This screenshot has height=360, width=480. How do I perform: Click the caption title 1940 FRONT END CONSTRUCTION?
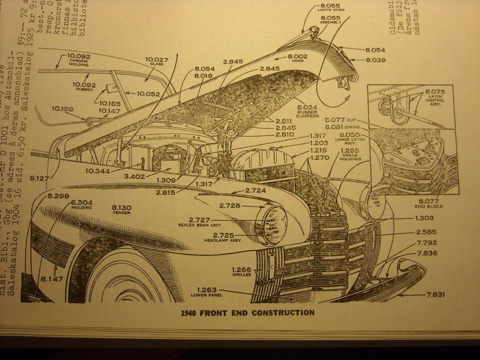244,313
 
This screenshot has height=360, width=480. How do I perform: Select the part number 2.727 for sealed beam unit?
199,220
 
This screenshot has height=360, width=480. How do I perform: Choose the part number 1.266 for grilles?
242,269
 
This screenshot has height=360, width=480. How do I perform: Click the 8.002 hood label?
298,57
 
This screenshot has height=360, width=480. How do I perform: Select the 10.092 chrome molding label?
78,56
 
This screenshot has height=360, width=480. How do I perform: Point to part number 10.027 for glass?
156,60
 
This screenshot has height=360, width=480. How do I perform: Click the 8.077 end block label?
428,201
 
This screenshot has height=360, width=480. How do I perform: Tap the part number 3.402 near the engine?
134,177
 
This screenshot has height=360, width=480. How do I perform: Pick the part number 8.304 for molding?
82,202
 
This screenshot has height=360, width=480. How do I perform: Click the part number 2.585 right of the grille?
427,231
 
